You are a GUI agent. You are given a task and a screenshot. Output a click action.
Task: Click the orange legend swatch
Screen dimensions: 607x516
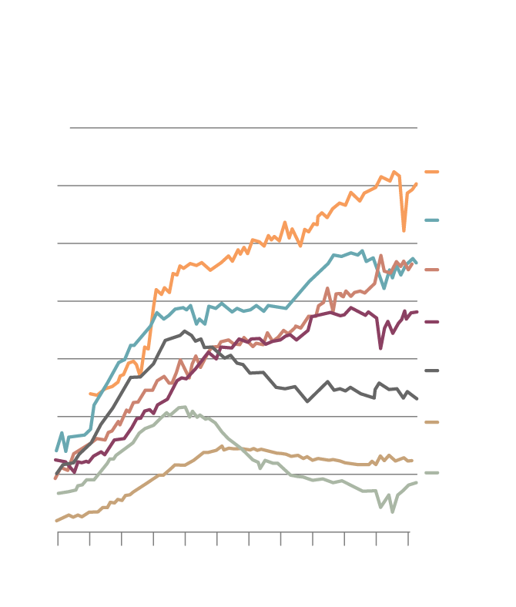(431, 172)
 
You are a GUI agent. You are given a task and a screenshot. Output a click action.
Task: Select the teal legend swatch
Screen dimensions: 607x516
(431, 220)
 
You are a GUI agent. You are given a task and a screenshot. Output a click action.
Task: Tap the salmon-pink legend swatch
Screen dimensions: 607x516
(431, 270)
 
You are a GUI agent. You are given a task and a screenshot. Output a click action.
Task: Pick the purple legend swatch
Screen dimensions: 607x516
(431, 321)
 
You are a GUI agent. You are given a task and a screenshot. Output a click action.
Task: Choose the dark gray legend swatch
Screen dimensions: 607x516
(431, 371)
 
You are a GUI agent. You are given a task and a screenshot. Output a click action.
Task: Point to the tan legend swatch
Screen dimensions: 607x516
(431, 422)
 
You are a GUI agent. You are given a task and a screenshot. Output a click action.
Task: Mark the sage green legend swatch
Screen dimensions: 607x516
(431, 473)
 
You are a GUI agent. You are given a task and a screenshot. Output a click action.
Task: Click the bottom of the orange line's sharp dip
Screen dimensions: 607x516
(404, 230)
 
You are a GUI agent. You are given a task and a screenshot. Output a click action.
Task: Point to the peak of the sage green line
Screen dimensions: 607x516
(183, 407)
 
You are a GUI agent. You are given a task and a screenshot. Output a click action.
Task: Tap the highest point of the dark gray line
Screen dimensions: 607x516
(184, 331)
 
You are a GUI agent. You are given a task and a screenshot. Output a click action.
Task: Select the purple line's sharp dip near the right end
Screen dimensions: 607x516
(380, 348)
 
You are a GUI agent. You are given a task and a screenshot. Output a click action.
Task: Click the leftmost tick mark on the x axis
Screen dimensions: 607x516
(58, 538)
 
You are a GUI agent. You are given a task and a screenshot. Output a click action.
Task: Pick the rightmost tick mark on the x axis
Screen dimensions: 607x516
(408, 538)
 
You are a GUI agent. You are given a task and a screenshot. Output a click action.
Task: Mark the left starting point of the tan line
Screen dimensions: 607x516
(56, 521)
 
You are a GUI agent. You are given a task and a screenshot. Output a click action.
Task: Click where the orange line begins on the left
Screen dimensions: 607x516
(90, 394)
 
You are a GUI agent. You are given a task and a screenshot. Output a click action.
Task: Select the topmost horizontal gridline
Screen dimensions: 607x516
(243, 128)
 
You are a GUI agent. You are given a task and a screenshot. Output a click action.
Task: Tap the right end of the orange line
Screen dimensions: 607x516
(417, 183)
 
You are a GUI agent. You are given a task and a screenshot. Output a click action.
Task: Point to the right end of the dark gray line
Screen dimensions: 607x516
(417, 398)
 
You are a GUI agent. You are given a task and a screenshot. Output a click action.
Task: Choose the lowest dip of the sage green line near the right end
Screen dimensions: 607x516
(392, 511)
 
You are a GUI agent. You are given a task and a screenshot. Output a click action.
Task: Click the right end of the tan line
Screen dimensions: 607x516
(412, 461)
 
